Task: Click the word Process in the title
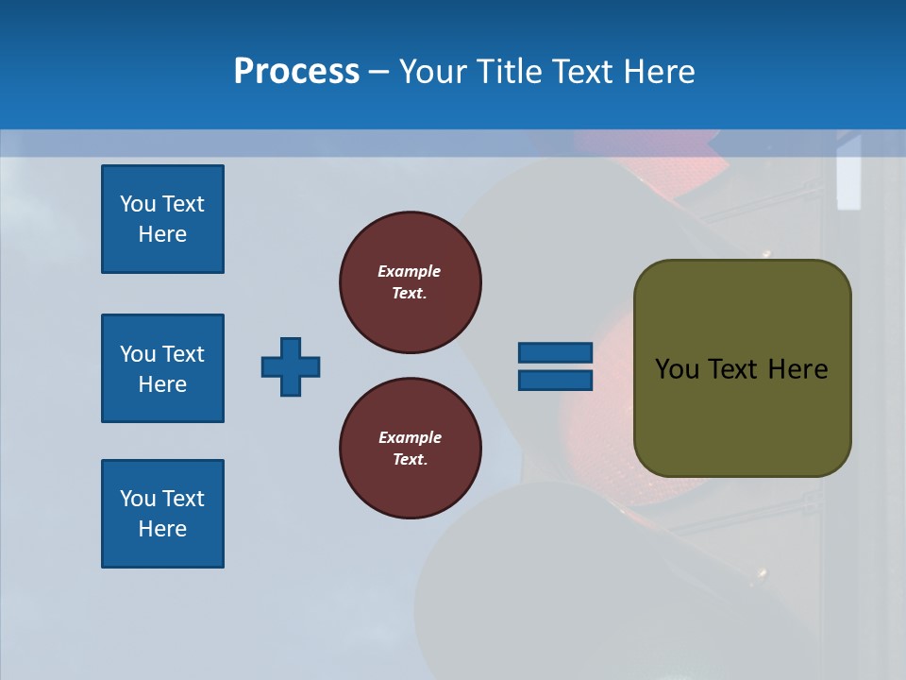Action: tap(296, 72)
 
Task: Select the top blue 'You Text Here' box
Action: tap(162, 219)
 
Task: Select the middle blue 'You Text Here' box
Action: tap(162, 368)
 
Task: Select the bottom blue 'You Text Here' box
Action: tap(162, 514)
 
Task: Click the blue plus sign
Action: tap(291, 366)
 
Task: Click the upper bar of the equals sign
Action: tap(555, 352)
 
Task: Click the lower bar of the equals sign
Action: tap(555, 381)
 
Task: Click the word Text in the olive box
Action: tap(733, 369)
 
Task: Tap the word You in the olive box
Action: tap(676, 369)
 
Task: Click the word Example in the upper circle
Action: tap(409, 271)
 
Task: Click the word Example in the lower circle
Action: tap(409, 437)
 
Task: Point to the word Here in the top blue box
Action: tap(162, 234)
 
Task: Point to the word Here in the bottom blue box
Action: tap(162, 529)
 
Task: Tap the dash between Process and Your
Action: tap(378, 73)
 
